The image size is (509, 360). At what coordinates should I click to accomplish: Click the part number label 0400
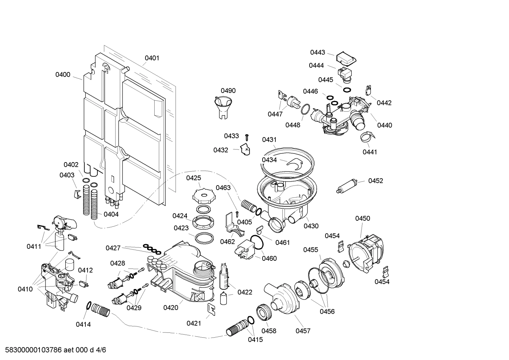63,75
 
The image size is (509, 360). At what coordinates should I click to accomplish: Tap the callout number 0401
152,58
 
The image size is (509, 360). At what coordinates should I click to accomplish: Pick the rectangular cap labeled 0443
345,59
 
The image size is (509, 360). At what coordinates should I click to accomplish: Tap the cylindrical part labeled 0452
348,186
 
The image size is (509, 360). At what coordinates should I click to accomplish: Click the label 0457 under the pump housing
303,331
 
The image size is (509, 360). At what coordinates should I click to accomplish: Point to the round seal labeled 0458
265,312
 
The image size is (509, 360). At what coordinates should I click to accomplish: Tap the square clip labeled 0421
212,309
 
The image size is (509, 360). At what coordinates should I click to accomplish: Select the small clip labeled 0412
84,283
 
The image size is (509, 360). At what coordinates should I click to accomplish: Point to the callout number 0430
311,226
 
